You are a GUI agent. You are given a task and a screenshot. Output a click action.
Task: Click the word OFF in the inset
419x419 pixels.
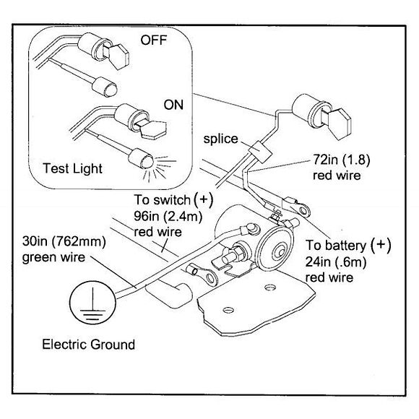pyautogui.click(x=154, y=40)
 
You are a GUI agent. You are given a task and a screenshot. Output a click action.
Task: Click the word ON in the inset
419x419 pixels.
pyautogui.click(x=173, y=105)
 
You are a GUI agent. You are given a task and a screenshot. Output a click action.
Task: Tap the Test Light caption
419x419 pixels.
pyautogui.click(x=72, y=168)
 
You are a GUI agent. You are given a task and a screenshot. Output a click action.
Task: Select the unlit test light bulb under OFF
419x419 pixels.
pyautogui.click(x=105, y=87)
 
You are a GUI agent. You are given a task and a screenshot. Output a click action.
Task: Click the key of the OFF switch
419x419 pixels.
pyautogui.click(x=118, y=56)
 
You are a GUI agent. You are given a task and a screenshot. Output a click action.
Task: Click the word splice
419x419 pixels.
pyautogui.click(x=221, y=139)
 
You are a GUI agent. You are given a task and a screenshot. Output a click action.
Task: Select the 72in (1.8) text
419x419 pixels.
pyautogui.click(x=342, y=160)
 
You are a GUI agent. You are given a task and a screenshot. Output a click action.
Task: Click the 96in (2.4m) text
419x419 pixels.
pyautogui.click(x=168, y=216)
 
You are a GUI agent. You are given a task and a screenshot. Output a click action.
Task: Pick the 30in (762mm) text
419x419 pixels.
pyautogui.click(x=64, y=241)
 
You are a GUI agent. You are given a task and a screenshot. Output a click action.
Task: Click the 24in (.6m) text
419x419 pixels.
pyautogui.click(x=336, y=262)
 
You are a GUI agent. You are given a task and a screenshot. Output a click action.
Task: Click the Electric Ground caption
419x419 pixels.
pyautogui.click(x=88, y=344)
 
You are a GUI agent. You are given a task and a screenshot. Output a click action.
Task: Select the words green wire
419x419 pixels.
pyautogui.click(x=53, y=257)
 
